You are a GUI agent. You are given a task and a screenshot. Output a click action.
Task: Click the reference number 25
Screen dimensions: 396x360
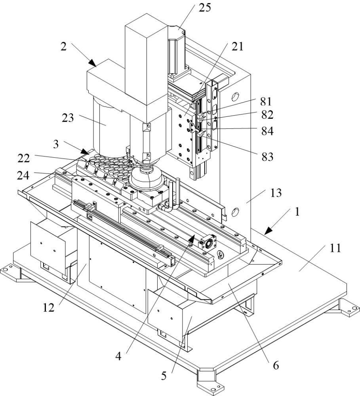pyautogui.click(x=205, y=8)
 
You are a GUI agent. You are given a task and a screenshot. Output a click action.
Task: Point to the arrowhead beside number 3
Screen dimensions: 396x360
pyautogui.click(x=86, y=151)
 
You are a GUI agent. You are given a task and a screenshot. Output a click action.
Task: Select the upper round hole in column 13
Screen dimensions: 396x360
pyautogui.click(x=235, y=96)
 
